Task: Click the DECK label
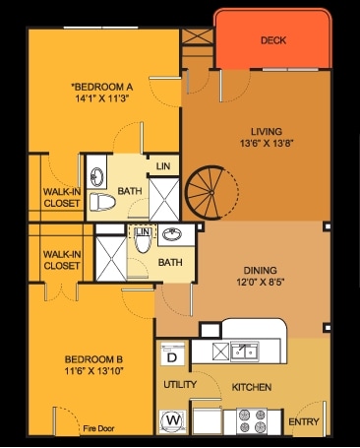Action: click(273, 40)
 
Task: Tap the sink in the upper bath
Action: click(96, 177)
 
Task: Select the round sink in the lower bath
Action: click(171, 236)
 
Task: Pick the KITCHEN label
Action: click(251, 387)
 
